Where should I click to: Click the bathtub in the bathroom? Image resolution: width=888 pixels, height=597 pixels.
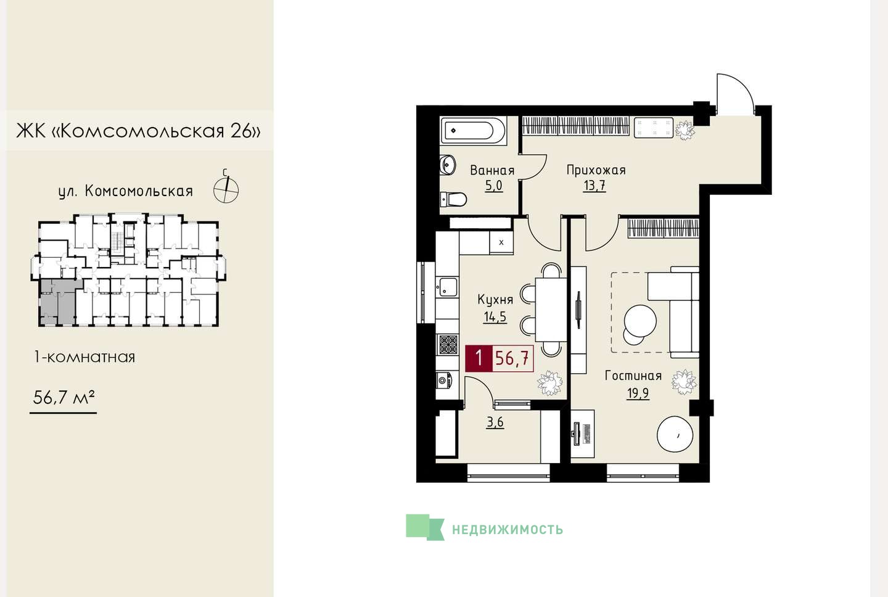pyautogui.click(x=472, y=130)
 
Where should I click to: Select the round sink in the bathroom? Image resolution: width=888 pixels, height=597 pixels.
pyautogui.click(x=448, y=164)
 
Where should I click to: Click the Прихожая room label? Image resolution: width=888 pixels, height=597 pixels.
pyautogui.click(x=596, y=170)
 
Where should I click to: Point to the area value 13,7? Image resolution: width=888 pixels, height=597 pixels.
pyautogui.click(x=594, y=185)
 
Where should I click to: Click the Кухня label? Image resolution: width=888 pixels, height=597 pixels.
pyautogui.click(x=495, y=300)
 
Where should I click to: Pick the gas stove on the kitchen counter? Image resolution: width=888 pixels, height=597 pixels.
pyautogui.click(x=448, y=345)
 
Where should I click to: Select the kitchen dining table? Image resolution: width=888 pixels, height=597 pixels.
pyautogui.click(x=551, y=310)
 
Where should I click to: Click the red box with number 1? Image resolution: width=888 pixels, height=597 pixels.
pyautogui.click(x=479, y=358)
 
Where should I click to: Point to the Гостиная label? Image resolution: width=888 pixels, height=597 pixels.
pyautogui.click(x=633, y=376)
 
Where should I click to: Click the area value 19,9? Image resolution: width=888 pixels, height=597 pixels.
pyautogui.click(x=638, y=393)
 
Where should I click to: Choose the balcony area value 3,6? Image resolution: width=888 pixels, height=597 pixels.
pyautogui.click(x=495, y=422)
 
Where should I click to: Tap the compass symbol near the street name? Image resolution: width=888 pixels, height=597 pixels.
pyautogui.click(x=226, y=189)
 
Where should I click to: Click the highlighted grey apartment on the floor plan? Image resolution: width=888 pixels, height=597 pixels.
pyautogui.click(x=58, y=302)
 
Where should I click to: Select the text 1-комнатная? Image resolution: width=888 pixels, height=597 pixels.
pyautogui.click(x=84, y=357)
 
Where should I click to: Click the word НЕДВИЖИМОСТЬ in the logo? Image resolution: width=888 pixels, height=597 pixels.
pyautogui.click(x=508, y=530)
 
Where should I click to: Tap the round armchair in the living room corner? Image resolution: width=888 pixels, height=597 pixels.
pyautogui.click(x=675, y=434)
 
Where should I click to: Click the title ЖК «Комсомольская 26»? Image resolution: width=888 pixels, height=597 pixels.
pyautogui.click(x=138, y=131)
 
